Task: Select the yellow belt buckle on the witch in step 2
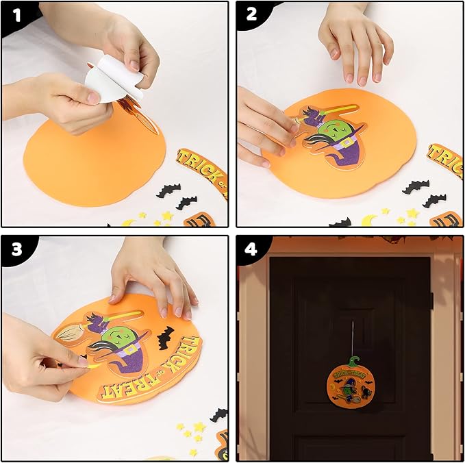coord(347,142)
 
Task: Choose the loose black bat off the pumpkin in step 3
coord(219,414)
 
